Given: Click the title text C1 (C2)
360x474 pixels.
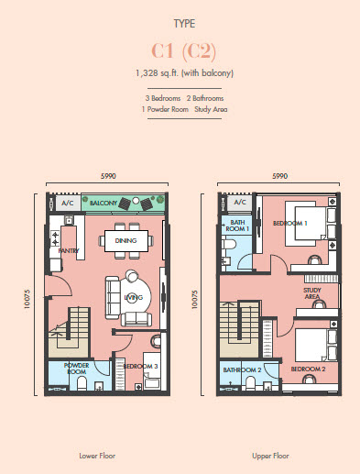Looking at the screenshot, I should [x=180, y=51].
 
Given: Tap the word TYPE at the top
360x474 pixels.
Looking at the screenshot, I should [x=180, y=25].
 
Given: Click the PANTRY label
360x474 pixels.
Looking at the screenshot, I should [x=68, y=249].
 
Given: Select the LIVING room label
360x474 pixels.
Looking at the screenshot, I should [x=134, y=298].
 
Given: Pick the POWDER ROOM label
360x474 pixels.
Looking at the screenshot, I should [x=75, y=369].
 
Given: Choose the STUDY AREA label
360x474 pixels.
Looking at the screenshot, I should [x=312, y=293].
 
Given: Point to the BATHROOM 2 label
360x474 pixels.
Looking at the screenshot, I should [x=241, y=369].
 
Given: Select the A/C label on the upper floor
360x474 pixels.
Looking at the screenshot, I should [x=239, y=201].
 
